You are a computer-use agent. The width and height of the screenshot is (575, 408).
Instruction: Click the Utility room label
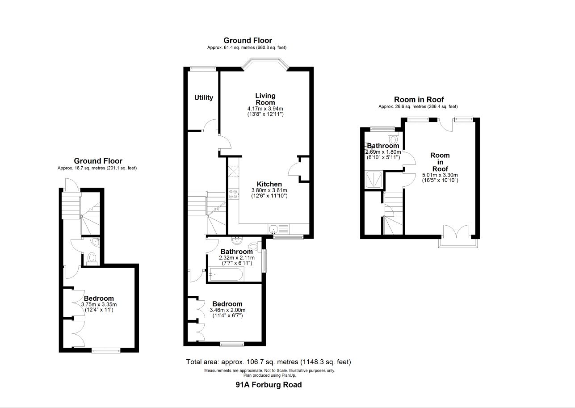pos(203,98)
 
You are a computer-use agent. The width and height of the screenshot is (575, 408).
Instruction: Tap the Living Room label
pos(265,99)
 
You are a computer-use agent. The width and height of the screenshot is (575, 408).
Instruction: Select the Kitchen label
pos(269,184)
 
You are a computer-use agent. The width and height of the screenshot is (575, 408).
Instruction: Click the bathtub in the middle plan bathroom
pos(226,274)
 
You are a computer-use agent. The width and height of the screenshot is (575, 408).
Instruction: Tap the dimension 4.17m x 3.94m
pos(265,109)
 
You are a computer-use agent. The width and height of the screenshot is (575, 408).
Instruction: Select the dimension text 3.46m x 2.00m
pos(227,310)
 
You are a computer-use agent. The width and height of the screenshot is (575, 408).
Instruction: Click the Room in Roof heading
pos(419,100)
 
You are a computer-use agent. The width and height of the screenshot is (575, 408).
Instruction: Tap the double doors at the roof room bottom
pos(456,233)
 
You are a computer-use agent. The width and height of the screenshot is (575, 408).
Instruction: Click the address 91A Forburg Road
pos(269,384)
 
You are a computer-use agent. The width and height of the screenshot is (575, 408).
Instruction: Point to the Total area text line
pos(269,362)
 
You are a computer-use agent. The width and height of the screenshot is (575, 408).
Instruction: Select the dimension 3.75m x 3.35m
pos(99,305)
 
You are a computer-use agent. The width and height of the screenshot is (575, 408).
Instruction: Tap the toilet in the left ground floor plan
pos(92,259)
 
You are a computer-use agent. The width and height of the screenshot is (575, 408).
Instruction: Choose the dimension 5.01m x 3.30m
pos(440,175)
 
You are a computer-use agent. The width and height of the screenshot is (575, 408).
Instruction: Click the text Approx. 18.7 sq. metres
pos(97,168)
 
